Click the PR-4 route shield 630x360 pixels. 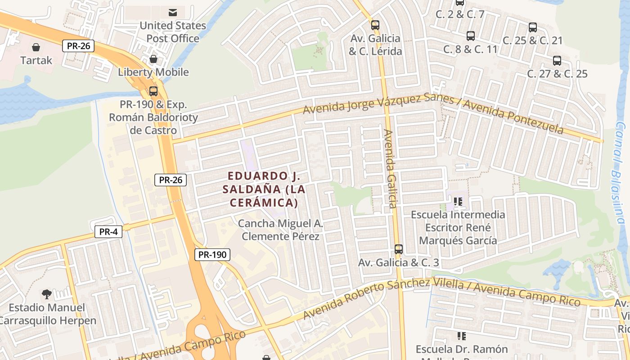(108, 232)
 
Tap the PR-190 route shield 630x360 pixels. (212, 255)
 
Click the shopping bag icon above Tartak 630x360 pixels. (36, 47)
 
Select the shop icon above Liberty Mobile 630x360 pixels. (153, 59)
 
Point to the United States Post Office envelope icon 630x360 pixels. (172, 12)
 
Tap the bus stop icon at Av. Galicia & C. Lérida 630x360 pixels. (375, 25)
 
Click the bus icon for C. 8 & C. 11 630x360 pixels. (470, 36)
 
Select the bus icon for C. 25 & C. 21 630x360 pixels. (533, 27)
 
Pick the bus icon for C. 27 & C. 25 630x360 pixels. (557, 61)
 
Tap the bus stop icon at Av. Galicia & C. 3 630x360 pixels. (398, 249)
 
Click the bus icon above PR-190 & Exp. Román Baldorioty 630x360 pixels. (153, 91)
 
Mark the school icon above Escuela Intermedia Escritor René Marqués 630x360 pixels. (458, 202)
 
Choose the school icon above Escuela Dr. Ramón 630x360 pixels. (461, 336)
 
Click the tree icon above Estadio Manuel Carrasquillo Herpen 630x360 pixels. (46, 295)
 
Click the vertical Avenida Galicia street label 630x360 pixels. (389, 169)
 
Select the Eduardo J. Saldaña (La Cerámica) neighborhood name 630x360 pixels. (264, 189)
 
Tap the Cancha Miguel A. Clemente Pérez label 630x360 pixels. (280, 230)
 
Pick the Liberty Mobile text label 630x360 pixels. (153, 72)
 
